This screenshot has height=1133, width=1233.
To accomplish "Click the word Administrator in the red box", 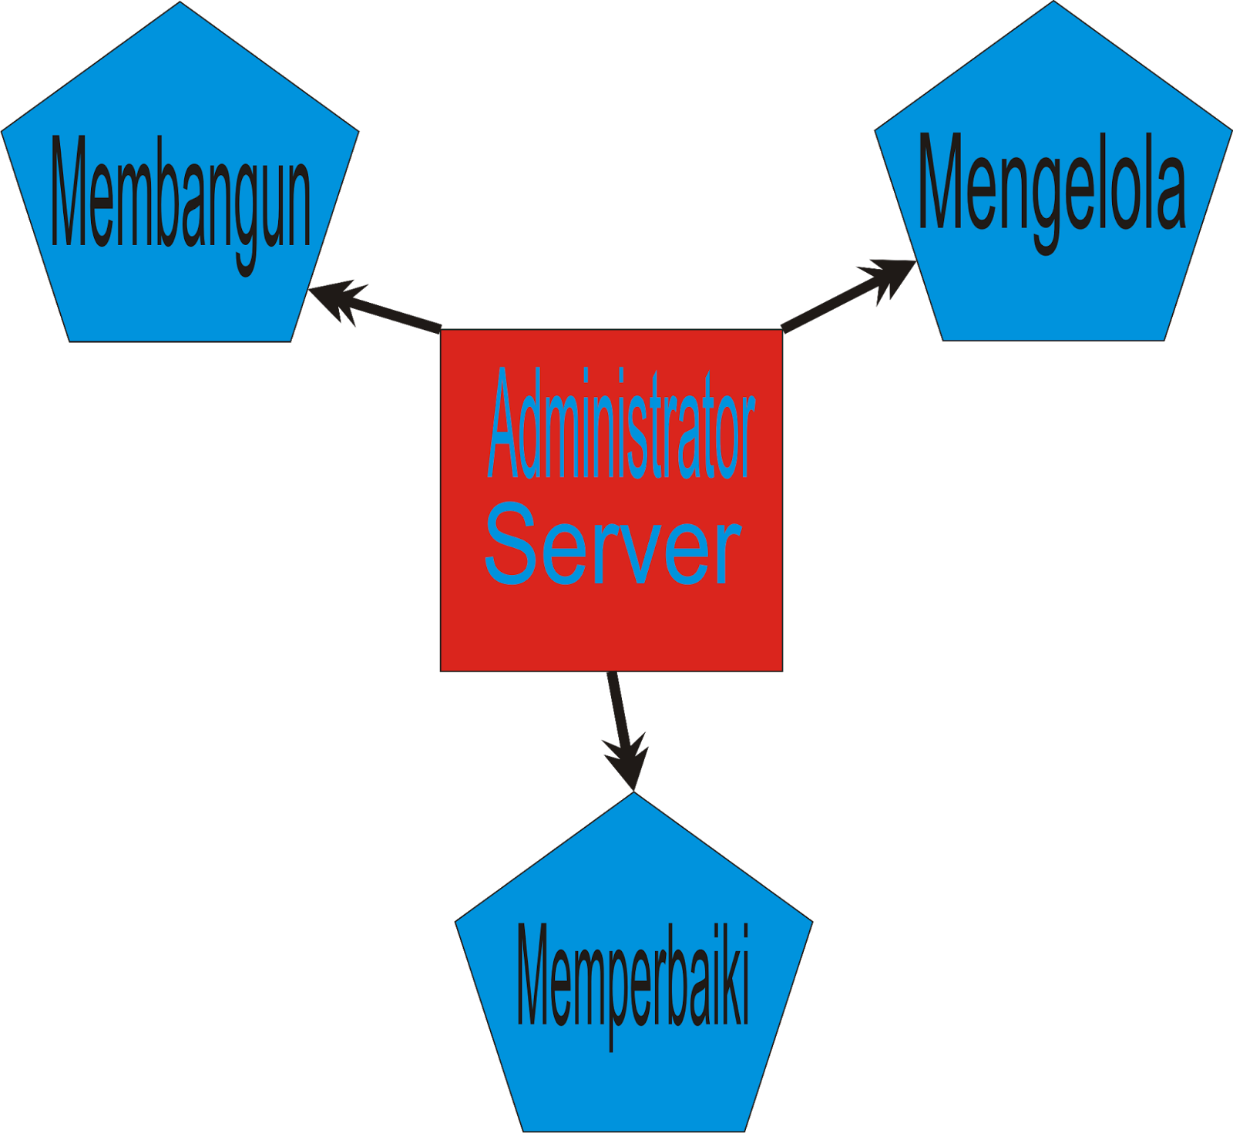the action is pyautogui.click(x=620, y=424).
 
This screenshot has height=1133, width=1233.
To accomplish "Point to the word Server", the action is pyautogui.click(x=613, y=543).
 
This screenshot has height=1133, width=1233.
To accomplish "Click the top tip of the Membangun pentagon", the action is pyautogui.click(x=180, y=3).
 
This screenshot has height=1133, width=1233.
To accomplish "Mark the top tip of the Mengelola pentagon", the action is pyautogui.click(x=1053, y=3).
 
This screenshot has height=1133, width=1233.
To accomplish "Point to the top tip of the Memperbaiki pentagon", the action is pyautogui.click(x=633, y=794).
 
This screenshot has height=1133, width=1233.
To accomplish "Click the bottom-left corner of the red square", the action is pyautogui.click(x=442, y=671).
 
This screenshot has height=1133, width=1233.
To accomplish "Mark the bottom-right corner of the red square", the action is pyautogui.click(x=782, y=671).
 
